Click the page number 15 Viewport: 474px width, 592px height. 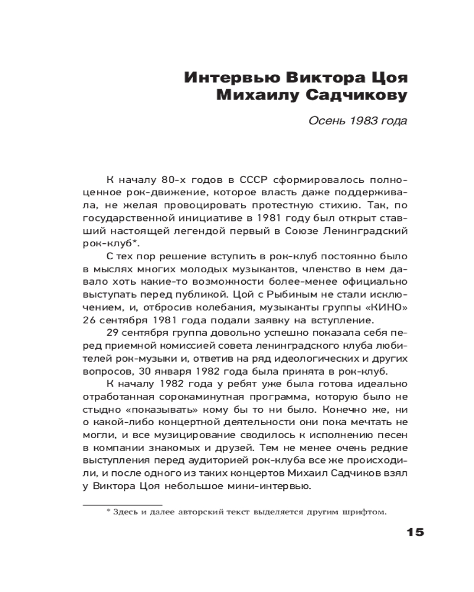415,532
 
